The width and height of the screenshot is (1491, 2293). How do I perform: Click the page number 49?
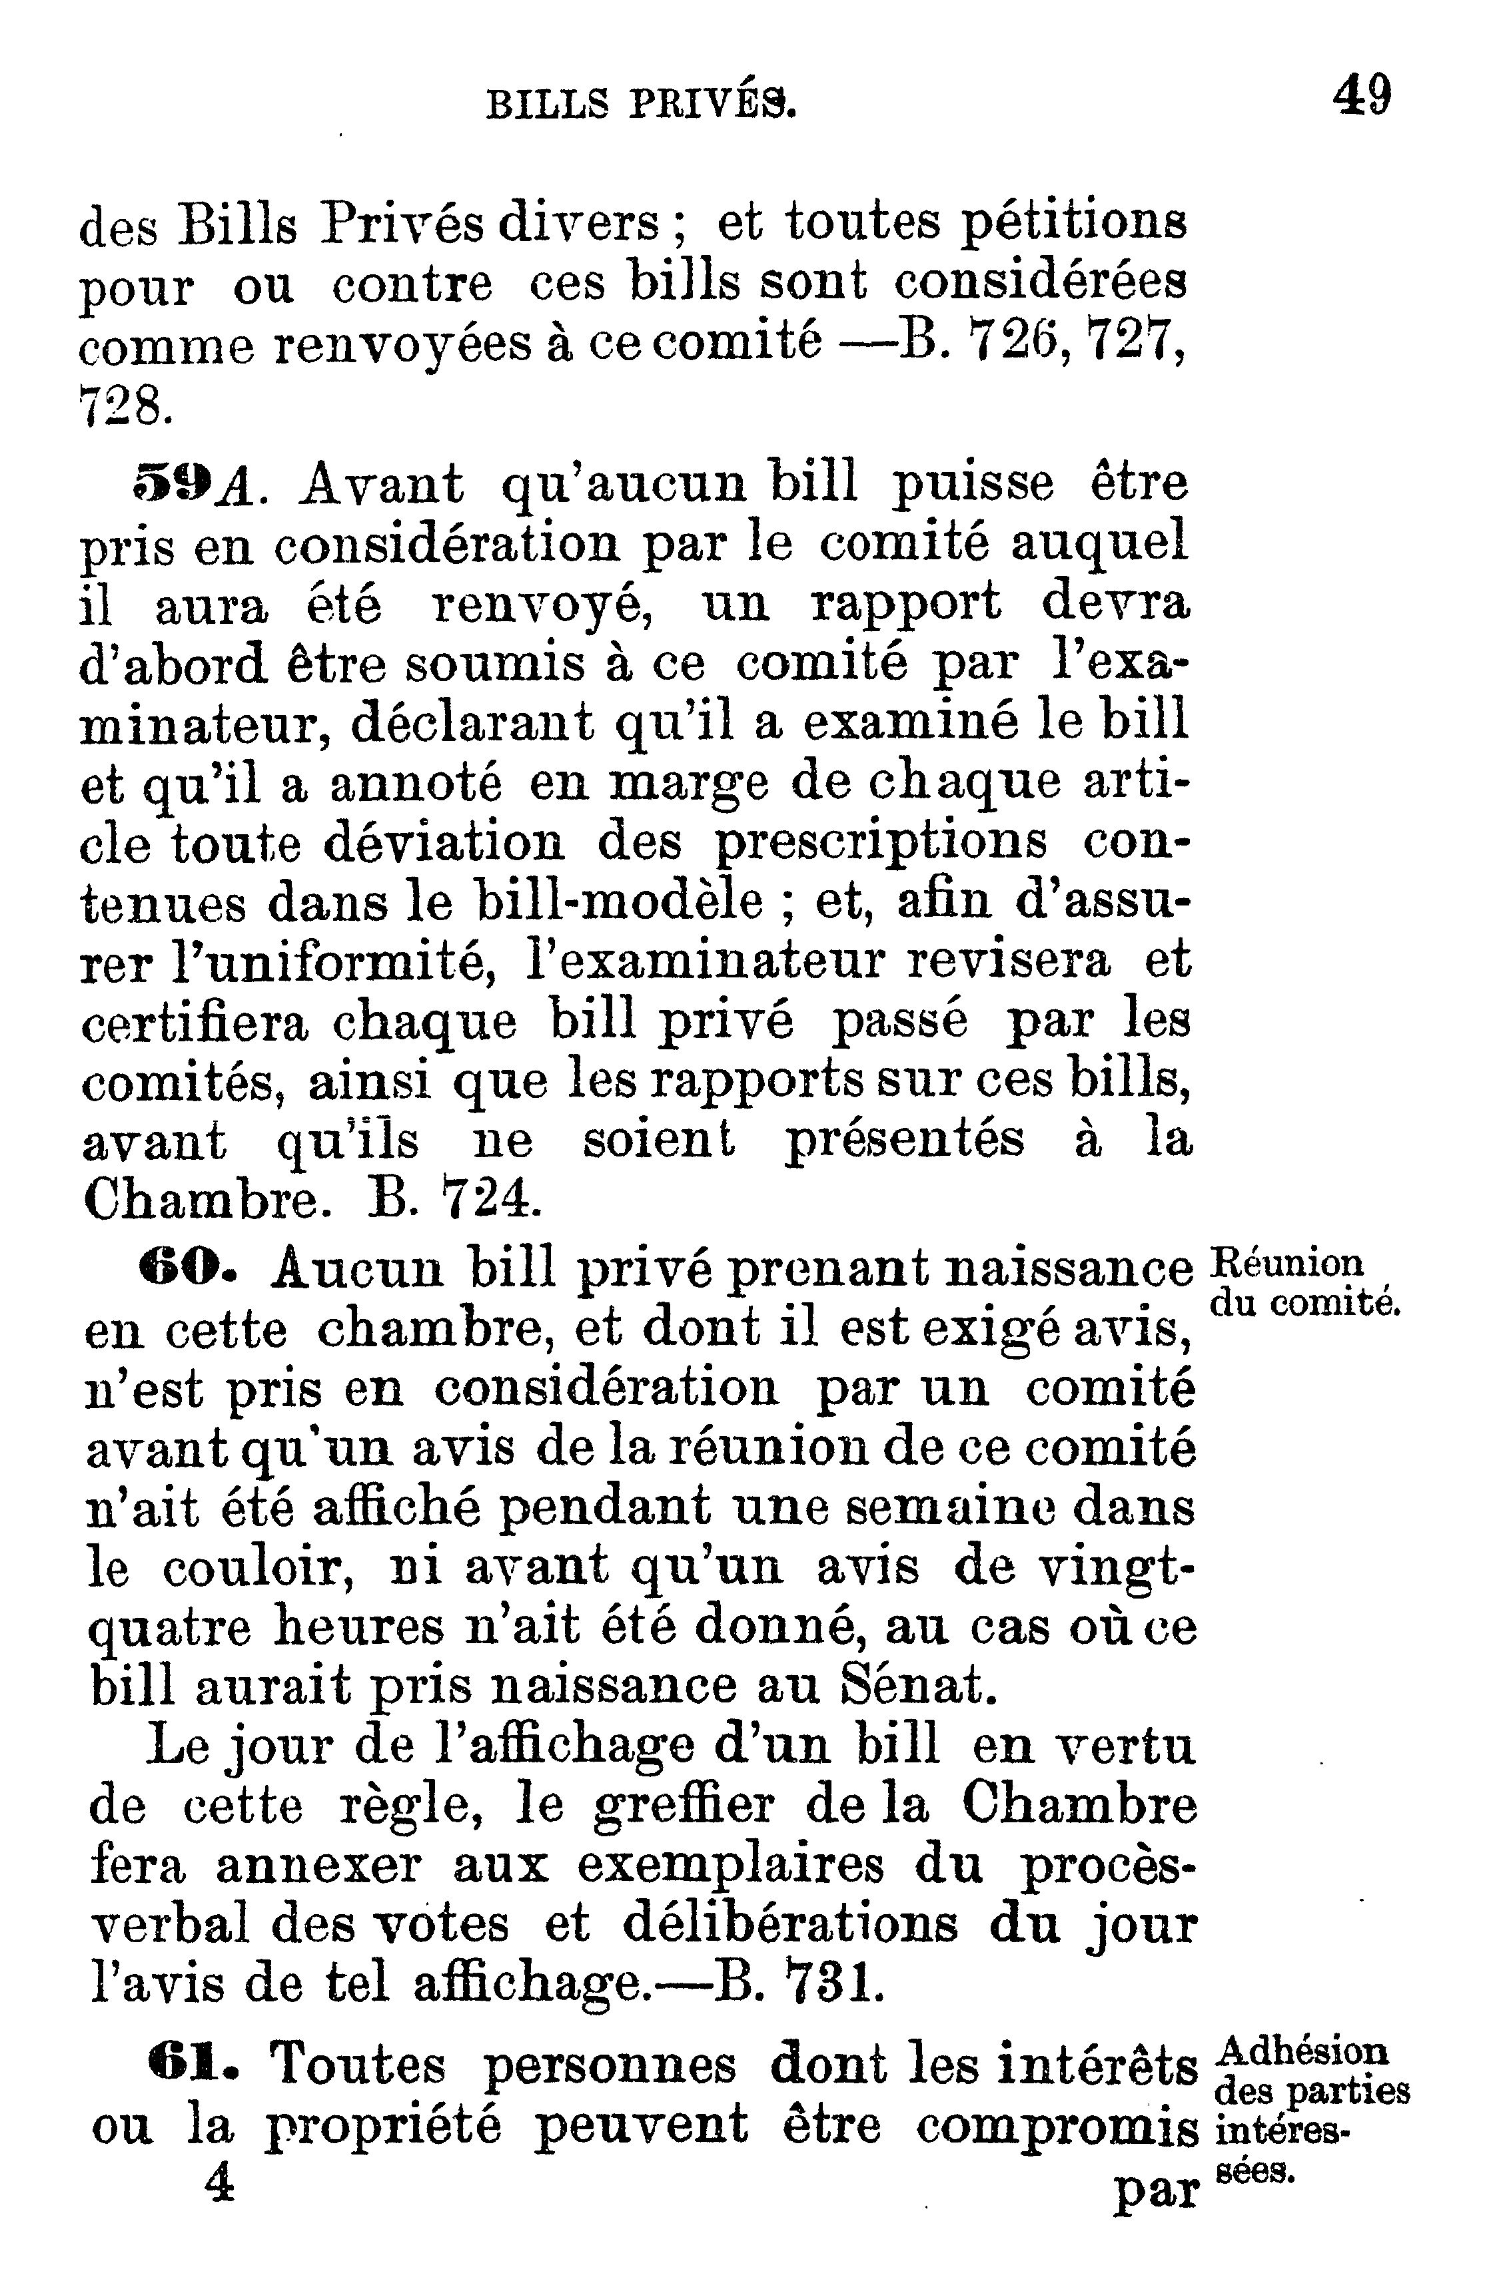click(x=1362, y=97)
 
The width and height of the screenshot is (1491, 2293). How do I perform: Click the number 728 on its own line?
click(x=125, y=409)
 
